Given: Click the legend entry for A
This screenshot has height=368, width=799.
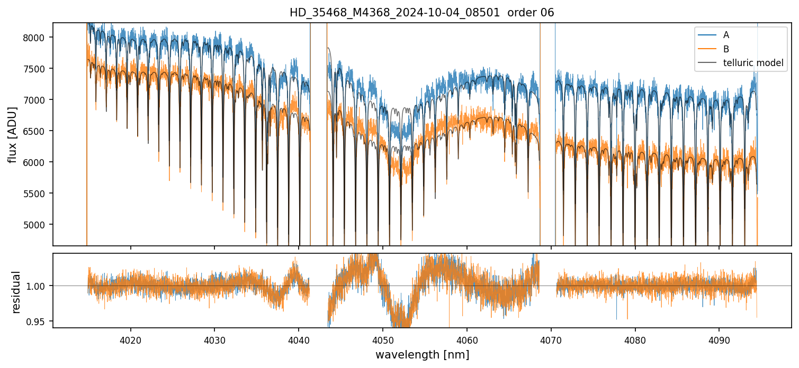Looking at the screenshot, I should pos(726,35).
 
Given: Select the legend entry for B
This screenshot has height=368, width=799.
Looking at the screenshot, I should pos(726,49).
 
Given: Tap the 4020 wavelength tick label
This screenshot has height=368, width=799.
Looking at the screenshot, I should pos(130,339).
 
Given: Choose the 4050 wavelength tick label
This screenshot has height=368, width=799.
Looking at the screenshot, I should pos(382,339).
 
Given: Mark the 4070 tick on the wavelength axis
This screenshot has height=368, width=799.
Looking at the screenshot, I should pos(551,339).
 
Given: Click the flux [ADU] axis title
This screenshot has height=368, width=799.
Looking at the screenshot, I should pos(12,134).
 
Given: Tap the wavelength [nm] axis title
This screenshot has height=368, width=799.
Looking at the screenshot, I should pos(422,355).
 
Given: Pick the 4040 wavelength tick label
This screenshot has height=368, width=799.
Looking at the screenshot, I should pos(299,339).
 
